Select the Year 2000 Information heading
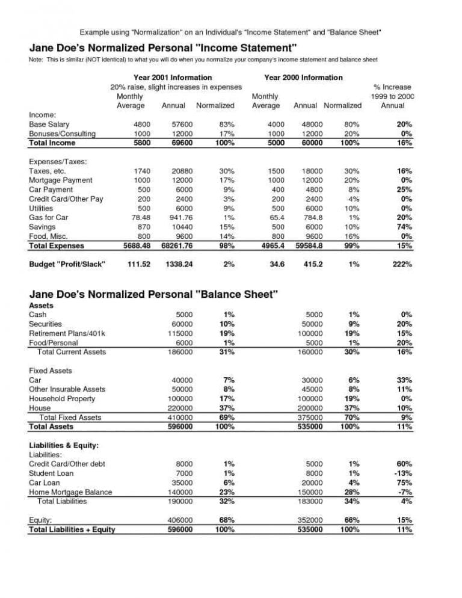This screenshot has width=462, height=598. click(x=303, y=78)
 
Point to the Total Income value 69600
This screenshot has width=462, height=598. click(x=180, y=143)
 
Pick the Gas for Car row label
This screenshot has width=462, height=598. click(x=49, y=218)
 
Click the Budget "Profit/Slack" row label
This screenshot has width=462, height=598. click(x=67, y=264)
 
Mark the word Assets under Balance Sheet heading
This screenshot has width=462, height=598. click(x=42, y=306)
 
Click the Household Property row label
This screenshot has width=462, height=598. click(x=62, y=399)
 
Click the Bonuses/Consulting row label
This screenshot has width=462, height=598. click(x=62, y=134)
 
